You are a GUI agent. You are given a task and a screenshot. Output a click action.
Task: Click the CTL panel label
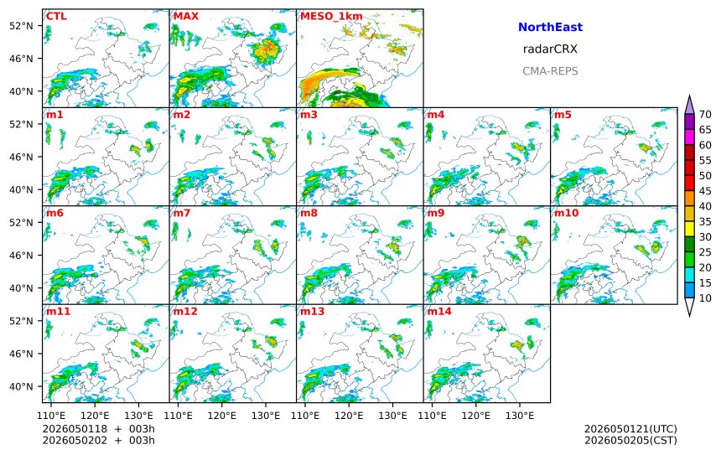pyautogui.click(x=56, y=17)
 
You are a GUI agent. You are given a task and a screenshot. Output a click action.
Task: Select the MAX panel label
pyautogui.click(x=186, y=17)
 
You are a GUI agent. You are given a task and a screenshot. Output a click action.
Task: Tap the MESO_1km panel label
pyautogui.click(x=331, y=17)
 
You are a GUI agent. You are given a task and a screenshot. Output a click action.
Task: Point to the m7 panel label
pyautogui.click(x=182, y=213)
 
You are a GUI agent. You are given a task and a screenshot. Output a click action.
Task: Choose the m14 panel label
pyautogui.click(x=439, y=312)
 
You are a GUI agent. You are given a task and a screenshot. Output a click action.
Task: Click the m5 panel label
pyautogui.click(x=563, y=115)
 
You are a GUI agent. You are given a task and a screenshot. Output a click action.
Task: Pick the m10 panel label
pyautogui.click(x=566, y=213)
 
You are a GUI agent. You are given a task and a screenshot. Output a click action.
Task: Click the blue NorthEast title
pyautogui.click(x=550, y=27)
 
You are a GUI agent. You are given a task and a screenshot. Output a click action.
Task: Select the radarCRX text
pyautogui.click(x=550, y=49)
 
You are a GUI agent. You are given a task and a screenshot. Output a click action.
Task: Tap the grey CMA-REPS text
pyautogui.click(x=550, y=71)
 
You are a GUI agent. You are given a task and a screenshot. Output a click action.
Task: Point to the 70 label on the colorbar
pyautogui.click(x=705, y=115)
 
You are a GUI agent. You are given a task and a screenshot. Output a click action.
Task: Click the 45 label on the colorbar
pyautogui.click(x=705, y=191)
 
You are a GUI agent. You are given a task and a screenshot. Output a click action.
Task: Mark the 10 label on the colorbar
pyautogui.click(x=705, y=298)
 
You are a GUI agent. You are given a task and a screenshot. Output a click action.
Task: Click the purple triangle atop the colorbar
pyautogui.click(x=689, y=106)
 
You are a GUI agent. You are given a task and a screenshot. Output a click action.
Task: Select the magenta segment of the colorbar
pyautogui.click(x=689, y=137)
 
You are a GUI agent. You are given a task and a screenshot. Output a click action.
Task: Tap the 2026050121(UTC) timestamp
pyautogui.click(x=630, y=429)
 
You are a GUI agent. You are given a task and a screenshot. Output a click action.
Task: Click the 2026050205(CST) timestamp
pyautogui.click(x=630, y=440)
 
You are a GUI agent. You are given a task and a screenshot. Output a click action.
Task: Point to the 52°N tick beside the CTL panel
pyautogui.click(x=22, y=26)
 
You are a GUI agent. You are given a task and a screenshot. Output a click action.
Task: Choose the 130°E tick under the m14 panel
pyautogui.click(x=520, y=416)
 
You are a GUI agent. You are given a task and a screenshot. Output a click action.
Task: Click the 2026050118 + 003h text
pyautogui.click(x=98, y=429)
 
